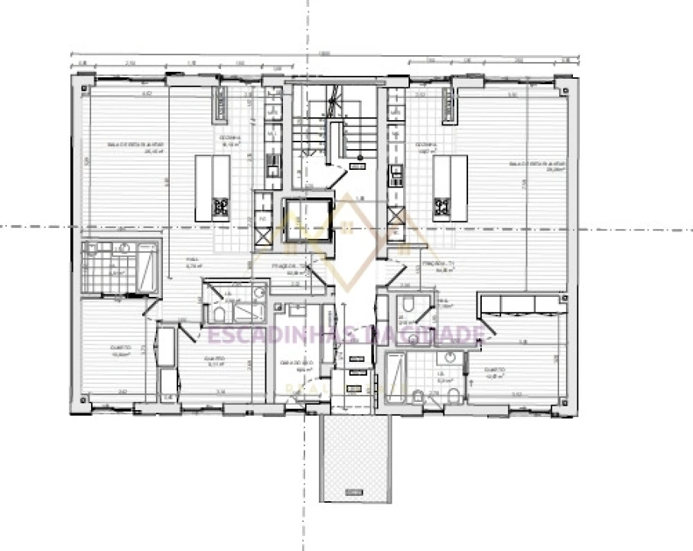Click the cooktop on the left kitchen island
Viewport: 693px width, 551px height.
tap(220, 207)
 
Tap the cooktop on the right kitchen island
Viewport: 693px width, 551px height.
tap(441, 207)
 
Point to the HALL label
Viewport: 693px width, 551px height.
tap(192, 262)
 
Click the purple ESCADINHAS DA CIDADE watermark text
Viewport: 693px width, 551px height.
tap(346, 334)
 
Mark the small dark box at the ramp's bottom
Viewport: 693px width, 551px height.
tap(353, 491)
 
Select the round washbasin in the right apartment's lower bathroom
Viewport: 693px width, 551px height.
tap(449, 358)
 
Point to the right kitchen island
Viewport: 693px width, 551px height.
tap(450, 187)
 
